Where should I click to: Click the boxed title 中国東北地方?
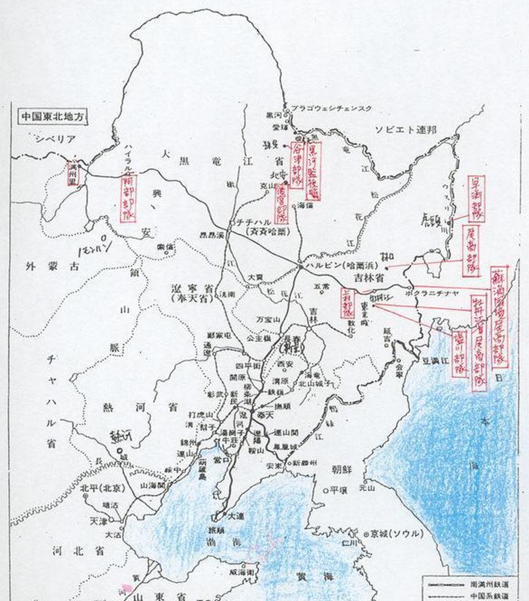(x=52, y=116)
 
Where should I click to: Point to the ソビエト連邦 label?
(x=405, y=130)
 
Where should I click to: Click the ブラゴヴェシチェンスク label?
(x=332, y=108)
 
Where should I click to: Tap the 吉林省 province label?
(x=368, y=278)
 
